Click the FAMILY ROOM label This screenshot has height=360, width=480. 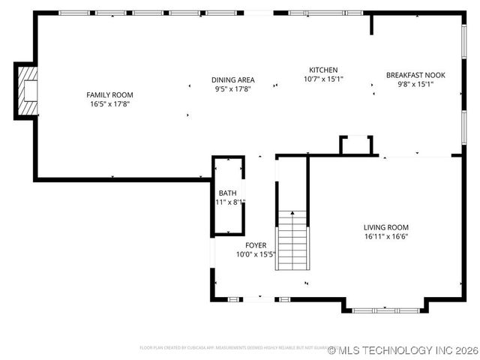pyautogui.click(x=109, y=94)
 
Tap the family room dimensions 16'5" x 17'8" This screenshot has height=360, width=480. pyautogui.click(x=109, y=104)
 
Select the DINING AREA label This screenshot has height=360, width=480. pyautogui.click(x=232, y=79)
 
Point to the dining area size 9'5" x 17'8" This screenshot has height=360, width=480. pyautogui.click(x=232, y=88)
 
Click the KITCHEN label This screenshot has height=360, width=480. pyautogui.click(x=323, y=70)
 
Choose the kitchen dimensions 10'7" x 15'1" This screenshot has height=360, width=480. pyautogui.click(x=323, y=79)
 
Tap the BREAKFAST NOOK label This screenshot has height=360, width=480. pyautogui.click(x=415, y=75)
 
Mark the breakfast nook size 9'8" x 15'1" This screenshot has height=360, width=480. pyautogui.click(x=415, y=84)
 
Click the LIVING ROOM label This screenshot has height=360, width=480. pyautogui.click(x=386, y=227)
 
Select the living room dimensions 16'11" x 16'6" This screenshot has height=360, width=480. pyautogui.click(x=386, y=237)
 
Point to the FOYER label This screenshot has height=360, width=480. pyautogui.click(x=256, y=245)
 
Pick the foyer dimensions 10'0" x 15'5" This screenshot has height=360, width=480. pyautogui.click(x=256, y=254)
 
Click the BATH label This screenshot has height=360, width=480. pyautogui.click(x=227, y=193)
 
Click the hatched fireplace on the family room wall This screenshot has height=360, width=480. pyautogui.click(x=27, y=90)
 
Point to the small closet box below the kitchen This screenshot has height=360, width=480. pyautogui.click(x=356, y=145)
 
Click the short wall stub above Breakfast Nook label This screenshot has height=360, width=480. pyautogui.click(x=371, y=24)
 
